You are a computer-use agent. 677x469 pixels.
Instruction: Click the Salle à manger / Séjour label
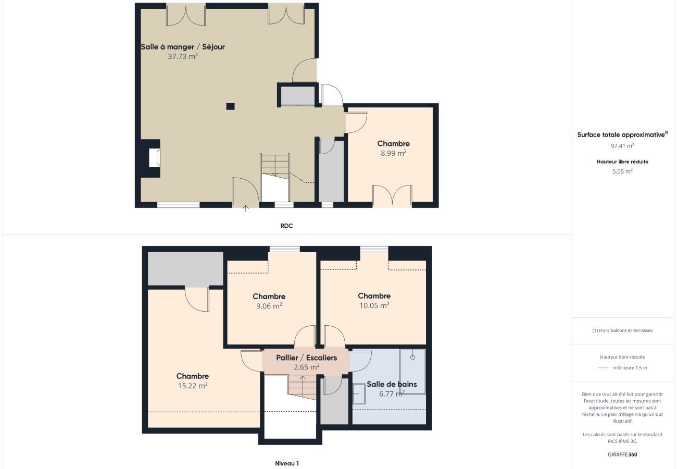[183, 47]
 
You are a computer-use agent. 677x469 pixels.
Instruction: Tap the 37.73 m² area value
[183, 56]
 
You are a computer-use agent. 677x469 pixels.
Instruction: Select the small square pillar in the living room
[230, 106]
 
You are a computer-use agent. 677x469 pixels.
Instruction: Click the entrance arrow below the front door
[245, 208]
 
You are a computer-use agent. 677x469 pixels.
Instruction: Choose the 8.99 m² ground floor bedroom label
[394, 144]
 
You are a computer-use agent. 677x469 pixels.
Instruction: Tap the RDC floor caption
[286, 226]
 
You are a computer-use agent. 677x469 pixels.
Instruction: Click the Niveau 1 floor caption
[287, 463]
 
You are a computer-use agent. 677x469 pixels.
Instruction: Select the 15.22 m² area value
[193, 386]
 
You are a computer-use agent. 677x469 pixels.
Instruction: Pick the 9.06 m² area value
[269, 306]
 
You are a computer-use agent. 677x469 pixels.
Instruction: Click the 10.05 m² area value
[374, 305]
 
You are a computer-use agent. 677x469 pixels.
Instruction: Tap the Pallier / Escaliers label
[306, 357]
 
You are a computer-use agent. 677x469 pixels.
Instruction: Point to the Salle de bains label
[392, 385]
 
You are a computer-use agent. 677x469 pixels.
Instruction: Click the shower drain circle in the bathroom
[412, 357]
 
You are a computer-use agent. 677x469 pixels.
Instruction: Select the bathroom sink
[359, 394]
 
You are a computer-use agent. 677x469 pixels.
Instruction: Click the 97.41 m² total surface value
[622, 146]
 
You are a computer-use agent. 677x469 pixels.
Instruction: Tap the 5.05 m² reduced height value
[622, 171]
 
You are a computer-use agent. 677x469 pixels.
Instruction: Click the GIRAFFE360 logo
[622, 454]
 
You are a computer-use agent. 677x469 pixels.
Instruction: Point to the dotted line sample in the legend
[603, 368]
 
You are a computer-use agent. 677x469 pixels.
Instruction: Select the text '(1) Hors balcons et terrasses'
[622, 330]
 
